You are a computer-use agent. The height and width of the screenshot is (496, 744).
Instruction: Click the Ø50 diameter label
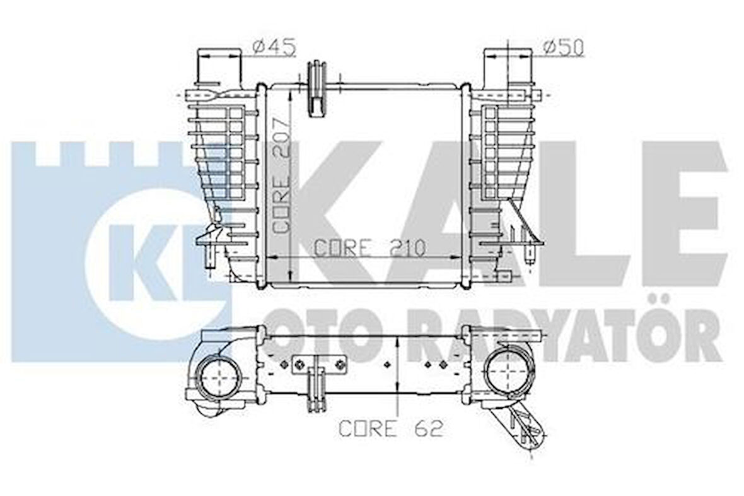[x=563, y=47]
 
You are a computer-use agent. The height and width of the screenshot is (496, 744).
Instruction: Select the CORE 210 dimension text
[x=369, y=247]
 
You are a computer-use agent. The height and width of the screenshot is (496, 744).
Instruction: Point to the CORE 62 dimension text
[x=391, y=428]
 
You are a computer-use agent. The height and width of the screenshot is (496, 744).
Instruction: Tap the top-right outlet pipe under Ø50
[x=508, y=66]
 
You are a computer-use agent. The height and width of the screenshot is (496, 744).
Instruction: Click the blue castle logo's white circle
[x=151, y=265]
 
